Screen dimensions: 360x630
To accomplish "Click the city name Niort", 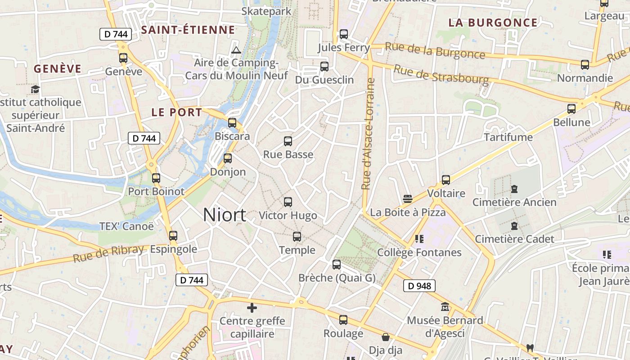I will coord(224,215).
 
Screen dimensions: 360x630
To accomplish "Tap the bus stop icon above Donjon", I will coord(228,158).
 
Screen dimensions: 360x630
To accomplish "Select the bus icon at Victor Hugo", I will coord(288,202).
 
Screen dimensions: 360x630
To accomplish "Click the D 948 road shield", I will coord(419,286).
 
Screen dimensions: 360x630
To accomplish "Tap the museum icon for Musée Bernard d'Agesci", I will coord(445,307).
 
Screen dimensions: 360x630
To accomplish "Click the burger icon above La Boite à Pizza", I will coord(408,199).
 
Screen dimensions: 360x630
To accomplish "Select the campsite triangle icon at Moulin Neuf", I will coord(236,50).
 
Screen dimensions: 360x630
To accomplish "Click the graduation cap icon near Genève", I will coord(36,89).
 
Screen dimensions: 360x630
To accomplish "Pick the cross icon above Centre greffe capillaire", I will coord(252,308).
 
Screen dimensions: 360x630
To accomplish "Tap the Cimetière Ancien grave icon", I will coord(514,189).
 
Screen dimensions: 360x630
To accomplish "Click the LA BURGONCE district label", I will coord(493,22).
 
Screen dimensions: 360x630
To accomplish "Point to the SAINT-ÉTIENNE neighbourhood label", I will coord(188,30).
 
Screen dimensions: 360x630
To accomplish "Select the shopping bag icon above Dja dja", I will coord(386,337).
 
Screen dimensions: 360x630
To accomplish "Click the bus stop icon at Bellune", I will coord(571,108).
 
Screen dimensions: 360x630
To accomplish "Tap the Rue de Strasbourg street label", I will coord(441,75).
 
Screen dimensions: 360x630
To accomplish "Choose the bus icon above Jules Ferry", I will coord(344,34).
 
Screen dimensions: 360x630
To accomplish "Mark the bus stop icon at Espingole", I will coord(173,235).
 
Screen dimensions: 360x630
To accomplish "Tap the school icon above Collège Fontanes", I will coord(419,239).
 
